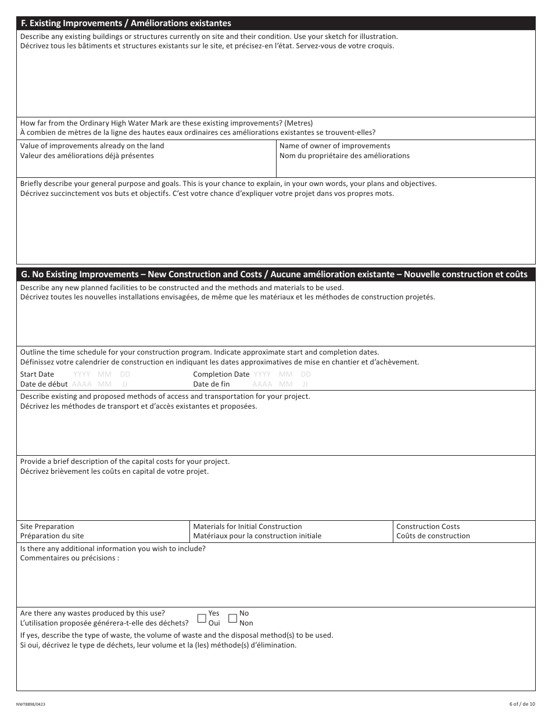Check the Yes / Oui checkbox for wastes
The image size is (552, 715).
(x=202, y=618)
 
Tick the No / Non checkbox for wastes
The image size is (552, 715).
(x=232, y=618)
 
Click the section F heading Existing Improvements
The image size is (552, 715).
(x=126, y=23)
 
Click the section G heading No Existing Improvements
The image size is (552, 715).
(x=274, y=274)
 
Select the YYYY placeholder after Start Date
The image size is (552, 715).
(x=82, y=374)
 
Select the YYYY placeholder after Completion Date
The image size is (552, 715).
(x=262, y=374)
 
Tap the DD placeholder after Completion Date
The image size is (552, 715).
(x=306, y=374)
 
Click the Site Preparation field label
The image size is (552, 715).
(x=47, y=526)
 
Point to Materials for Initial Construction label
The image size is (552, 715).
(x=248, y=526)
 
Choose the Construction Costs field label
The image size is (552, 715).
(x=428, y=526)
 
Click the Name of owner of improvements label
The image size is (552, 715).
(x=335, y=146)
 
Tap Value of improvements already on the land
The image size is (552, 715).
(x=92, y=146)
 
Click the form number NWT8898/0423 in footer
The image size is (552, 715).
(x=33, y=704)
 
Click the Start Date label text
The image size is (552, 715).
(x=37, y=374)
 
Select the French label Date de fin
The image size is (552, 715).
(x=212, y=384)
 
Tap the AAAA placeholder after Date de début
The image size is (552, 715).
(x=82, y=384)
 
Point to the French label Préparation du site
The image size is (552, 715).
(x=52, y=536)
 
